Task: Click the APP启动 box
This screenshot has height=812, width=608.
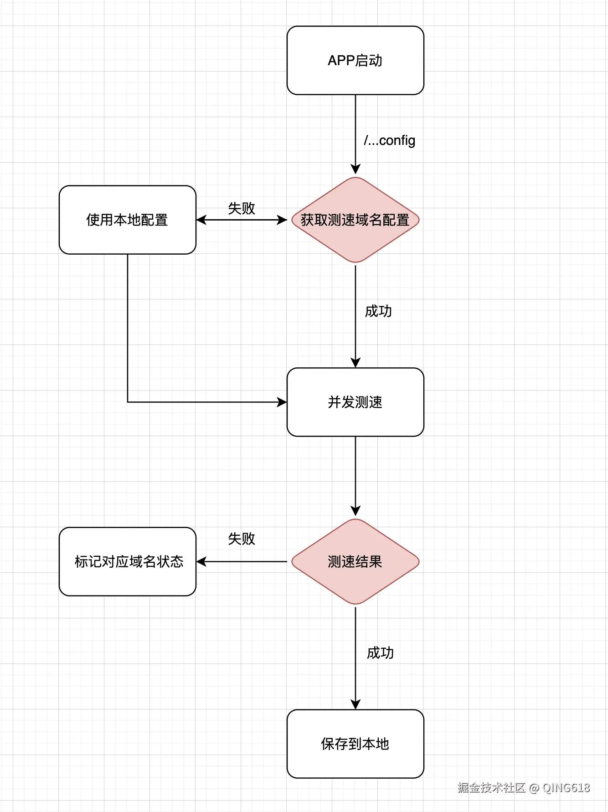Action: tap(355, 60)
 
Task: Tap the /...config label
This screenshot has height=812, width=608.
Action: tap(389, 140)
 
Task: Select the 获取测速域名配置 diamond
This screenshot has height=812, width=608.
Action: tap(355, 220)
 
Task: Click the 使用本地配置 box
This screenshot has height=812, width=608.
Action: tap(127, 220)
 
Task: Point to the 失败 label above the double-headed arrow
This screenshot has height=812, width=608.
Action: tap(241, 208)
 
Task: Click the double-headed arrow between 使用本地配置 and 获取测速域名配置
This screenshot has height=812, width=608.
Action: tap(242, 220)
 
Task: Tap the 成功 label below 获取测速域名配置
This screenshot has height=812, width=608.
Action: tap(378, 311)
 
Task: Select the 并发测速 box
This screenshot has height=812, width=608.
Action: tap(355, 402)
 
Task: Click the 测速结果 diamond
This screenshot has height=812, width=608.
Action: tap(355, 561)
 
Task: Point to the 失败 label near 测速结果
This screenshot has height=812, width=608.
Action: tap(241, 539)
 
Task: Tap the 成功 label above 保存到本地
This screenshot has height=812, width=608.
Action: tap(380, 653)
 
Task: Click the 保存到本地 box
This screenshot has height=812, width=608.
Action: tap(355, 744)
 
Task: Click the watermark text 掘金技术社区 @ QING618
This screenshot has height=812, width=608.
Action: tap(523, 787)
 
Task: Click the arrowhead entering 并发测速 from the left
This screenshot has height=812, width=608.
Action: tap(282, 402)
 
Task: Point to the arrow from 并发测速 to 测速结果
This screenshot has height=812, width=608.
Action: tap(356, 474)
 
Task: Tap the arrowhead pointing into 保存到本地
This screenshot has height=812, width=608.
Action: tap(356, 704)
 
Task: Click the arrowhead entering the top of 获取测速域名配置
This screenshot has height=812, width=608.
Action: tap(356, 170)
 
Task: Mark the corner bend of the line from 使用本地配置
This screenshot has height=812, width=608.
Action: tap(128, 402)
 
